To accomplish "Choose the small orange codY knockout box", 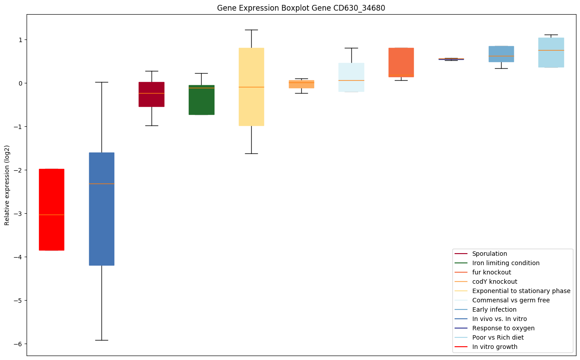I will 301,85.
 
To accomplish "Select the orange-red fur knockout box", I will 401,63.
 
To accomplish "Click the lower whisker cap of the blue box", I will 101,340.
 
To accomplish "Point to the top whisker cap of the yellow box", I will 251,30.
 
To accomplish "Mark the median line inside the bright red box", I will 51,215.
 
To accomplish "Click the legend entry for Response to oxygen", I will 503,328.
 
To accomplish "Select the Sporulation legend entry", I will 490,254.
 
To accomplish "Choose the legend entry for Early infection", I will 494,309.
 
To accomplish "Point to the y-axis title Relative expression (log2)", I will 7,185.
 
